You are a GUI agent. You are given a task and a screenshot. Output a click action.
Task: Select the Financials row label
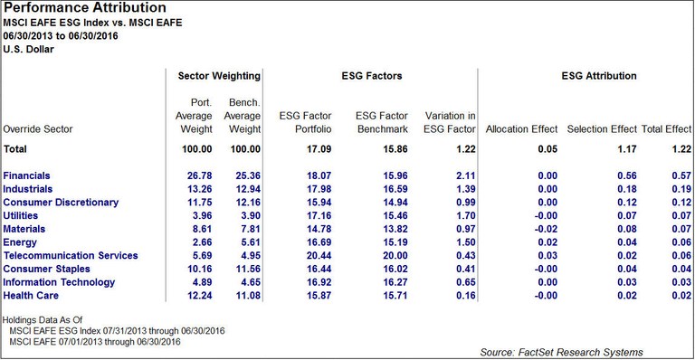click(27, 175)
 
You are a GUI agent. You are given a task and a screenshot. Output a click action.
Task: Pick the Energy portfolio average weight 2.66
click(199, 242)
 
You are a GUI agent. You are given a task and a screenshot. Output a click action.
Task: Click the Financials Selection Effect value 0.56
click(620, 175)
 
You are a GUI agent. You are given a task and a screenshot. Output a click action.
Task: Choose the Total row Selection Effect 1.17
click(620, 147)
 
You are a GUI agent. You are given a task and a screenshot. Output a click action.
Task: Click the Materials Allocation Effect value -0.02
click(544, 229)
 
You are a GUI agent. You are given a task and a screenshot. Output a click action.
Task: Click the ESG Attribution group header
click(587, 76)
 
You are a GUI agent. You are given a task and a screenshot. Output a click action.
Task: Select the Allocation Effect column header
click(522, 129)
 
